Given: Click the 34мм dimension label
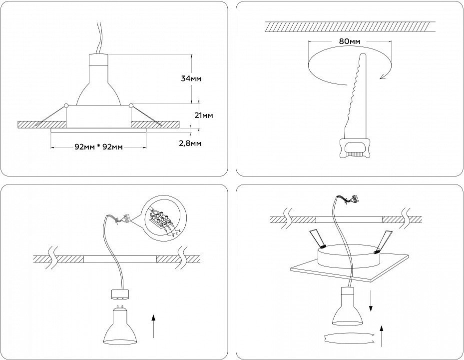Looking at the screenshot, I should [192, 78].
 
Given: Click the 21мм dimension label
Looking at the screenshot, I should [203, 115].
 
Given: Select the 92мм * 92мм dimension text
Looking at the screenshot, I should [98, 147].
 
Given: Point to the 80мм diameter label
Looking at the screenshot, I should [349, 41].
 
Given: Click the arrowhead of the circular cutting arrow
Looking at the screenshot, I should [383, 76].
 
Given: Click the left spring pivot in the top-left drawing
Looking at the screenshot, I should [65, 105].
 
